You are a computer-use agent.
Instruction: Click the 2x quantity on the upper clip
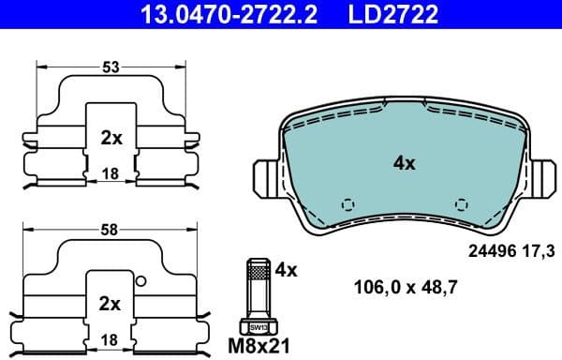coord(111,138)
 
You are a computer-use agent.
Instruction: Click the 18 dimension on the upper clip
coord(111,173)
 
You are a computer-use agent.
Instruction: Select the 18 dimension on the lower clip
coord(111,338)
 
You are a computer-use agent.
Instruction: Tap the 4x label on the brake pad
coord(404,163)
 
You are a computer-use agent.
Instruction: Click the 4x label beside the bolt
coord(287,270)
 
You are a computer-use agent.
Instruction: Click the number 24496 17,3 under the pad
coord(511,250)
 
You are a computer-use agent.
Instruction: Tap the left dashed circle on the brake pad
coord(348,204)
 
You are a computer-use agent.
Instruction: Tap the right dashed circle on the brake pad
coord(460,204)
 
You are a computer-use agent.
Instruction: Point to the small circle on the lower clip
coord(140,281)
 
